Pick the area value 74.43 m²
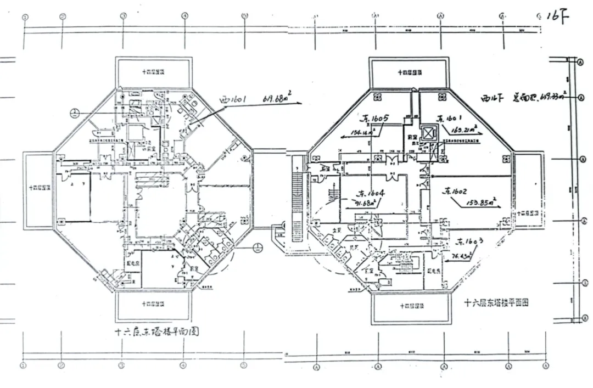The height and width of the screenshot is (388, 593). [x=458, y=255]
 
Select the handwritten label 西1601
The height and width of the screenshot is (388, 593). [x=232, y=101]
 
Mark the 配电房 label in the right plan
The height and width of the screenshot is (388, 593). [x=433, y=271]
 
